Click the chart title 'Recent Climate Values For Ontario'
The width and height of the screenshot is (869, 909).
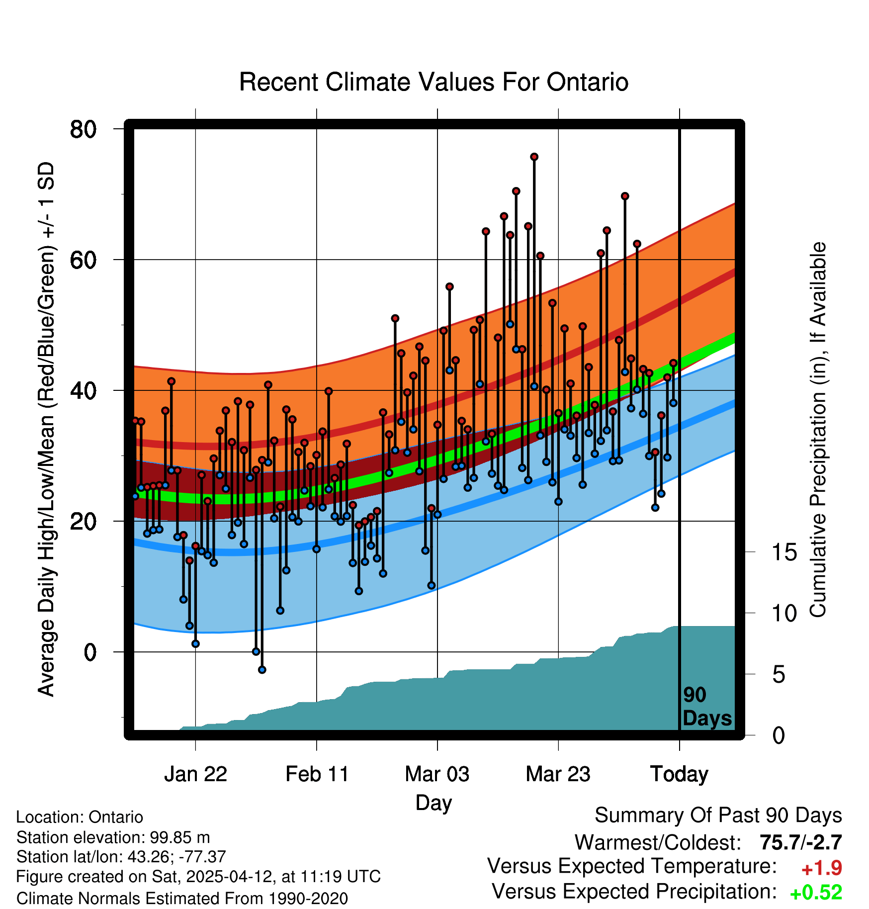click(x=434, y=82)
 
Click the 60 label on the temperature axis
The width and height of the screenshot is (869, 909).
click(x=83, y=260)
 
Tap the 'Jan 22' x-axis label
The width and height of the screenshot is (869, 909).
click(x=195, y=774)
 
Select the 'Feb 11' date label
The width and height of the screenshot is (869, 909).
click(x=317, y=774)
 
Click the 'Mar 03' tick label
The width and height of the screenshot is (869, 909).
click(x=437, y=774)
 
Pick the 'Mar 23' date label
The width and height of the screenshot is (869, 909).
click(x=558, y=774)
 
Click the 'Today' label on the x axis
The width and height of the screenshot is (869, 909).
click(x=679, y=774)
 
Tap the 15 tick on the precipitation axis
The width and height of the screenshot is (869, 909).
click(x=784, y=552)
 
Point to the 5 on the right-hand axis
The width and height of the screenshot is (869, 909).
click(x=779, y=675)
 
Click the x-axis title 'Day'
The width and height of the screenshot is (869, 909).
click(x=434, y=803)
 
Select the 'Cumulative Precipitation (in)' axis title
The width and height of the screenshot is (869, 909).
click(x=818, y=430)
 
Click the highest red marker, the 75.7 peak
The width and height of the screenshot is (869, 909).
click(x=534, y=157)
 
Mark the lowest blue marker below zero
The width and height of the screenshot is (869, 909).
click(x=262, y=670)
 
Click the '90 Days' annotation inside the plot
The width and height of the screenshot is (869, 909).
click(x=706, y=707)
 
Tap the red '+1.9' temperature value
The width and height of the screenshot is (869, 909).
click(x=821, y=868)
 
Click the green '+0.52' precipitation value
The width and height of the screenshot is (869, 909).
click(x=816, y=893)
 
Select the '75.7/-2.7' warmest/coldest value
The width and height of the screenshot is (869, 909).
click(x=800, y=842)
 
